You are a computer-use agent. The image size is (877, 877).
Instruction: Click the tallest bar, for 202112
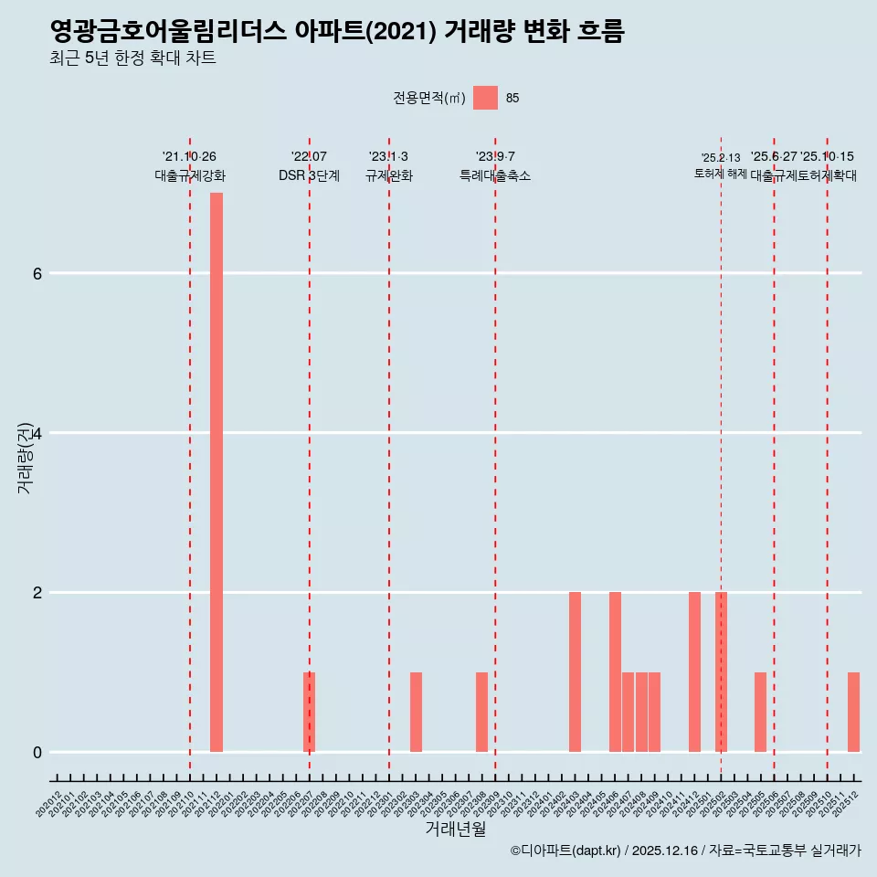coord(217,472)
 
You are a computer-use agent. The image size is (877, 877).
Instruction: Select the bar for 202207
coord(310,713)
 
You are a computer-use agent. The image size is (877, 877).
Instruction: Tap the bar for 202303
coord(416,713)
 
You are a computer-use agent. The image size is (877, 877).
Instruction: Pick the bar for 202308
coord(481,713)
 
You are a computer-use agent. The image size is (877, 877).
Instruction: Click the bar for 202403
coord(575,672)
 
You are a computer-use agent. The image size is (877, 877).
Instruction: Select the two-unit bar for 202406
coord(615,672)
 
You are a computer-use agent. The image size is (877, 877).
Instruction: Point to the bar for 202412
coord(694,672)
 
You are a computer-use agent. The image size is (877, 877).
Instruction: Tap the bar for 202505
coord(760,713)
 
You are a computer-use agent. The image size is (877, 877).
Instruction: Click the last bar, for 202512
coord(853,713)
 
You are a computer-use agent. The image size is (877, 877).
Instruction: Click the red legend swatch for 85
coord(485,98)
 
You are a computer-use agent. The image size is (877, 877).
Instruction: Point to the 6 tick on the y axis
coord(37,273)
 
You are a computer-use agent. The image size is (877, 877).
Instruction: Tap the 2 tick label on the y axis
coord(37,593)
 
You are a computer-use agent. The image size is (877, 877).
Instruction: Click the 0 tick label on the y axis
coord(37,753)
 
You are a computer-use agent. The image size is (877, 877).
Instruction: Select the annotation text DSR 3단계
coord(309,176)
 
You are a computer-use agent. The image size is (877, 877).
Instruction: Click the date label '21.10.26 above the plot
coord(189,157)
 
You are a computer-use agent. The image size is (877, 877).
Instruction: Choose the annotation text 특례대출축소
coord(494,176)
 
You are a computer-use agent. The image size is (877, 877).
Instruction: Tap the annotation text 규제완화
coord(388,176)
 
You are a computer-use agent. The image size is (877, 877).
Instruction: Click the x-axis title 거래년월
coord(455,829)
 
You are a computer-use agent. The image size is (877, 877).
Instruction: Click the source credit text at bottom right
coord(685,851)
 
